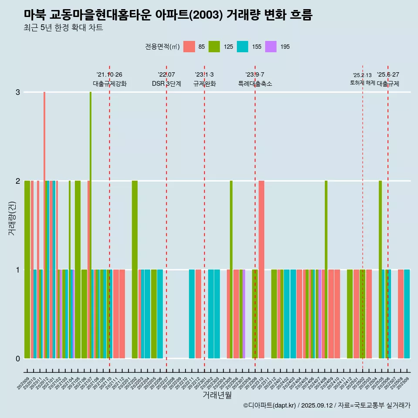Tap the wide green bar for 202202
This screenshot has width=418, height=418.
click(135, 269)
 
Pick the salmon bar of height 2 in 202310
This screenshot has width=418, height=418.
click(261, 269)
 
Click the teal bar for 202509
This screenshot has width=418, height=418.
click(407, 313)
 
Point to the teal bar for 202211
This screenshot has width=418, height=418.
click(192, 313)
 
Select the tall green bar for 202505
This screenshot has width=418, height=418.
click(380, 269)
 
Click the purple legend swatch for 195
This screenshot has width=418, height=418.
click(271, 47)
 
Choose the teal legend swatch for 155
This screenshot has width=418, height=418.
click(243, 47)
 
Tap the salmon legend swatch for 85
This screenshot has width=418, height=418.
click(189, 47)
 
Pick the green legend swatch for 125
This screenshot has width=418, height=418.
click(214, 47)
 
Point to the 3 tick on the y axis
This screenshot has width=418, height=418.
click(18, 92)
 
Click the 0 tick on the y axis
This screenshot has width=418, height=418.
click(18, 358)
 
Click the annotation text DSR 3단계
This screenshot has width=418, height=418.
click(166, 84)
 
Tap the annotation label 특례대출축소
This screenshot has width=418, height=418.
click(255, 84)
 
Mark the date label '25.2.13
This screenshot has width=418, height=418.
click(362, 75)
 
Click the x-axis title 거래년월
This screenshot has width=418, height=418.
click(217, 395)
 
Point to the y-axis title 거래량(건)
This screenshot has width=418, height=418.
click(12, 218)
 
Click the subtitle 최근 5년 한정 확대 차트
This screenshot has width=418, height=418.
click(64, 28)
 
